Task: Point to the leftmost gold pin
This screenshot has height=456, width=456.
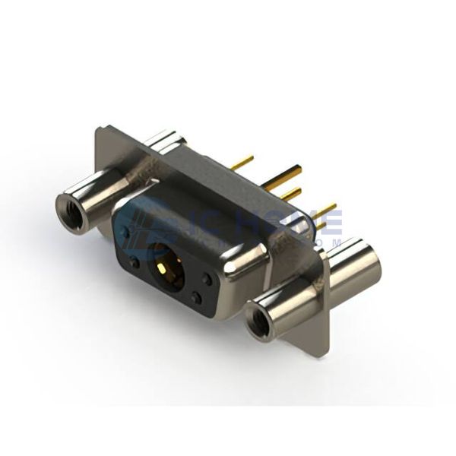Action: (242, 161)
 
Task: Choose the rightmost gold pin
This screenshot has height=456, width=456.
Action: (325, 209)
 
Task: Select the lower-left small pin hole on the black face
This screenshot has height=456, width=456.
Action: (135, 264)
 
